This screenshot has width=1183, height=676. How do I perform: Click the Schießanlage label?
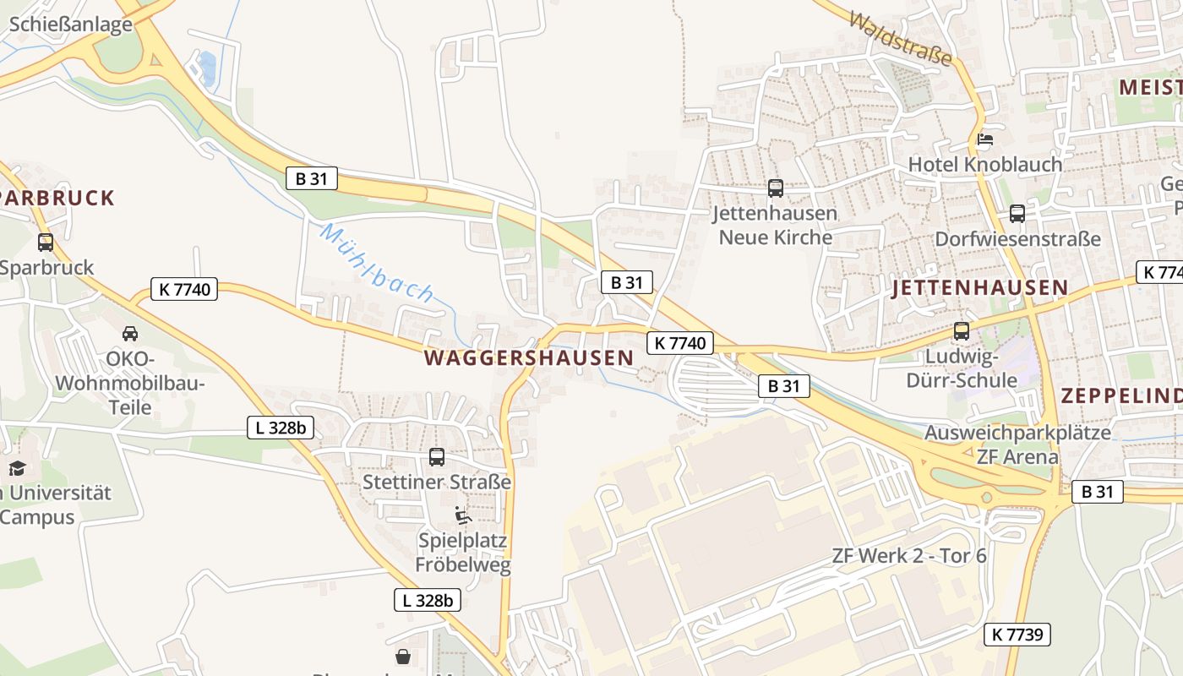tap(71, 24)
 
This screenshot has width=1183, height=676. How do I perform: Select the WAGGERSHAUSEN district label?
tap(528, 357)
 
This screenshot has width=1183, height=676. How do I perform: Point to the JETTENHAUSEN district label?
tap(980, 287)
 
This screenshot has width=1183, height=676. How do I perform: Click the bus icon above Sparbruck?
tap(46, 243)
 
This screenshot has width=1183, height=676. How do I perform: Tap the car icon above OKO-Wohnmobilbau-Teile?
tap(130, 333)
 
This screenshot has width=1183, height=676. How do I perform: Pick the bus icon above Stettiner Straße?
tap(437, 457)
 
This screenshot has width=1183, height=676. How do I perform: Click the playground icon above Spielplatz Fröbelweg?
tap(462, 515)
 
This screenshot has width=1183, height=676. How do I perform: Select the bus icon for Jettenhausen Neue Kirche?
tap(776, 188)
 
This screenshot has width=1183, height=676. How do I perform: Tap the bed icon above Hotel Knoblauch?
tap(985, 139)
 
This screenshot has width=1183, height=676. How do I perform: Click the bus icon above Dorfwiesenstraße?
tap(1017, 214)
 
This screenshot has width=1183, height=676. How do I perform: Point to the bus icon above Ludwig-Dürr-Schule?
tap(962, 331)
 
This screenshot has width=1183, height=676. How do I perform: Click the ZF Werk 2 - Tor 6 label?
tap(909, 556)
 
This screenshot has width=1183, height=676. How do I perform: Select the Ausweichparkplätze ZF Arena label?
tap(1017, 444)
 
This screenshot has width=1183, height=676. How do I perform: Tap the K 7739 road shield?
tap(1017, 635)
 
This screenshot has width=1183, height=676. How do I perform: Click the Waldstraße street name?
tap(901, 39)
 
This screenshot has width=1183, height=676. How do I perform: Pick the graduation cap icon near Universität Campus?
tap(17, 468)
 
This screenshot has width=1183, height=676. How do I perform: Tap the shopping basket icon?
tap(403, 656)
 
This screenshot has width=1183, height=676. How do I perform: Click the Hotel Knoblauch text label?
tap(984, 164)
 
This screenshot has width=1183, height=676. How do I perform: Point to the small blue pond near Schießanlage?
tap(207, 68)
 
